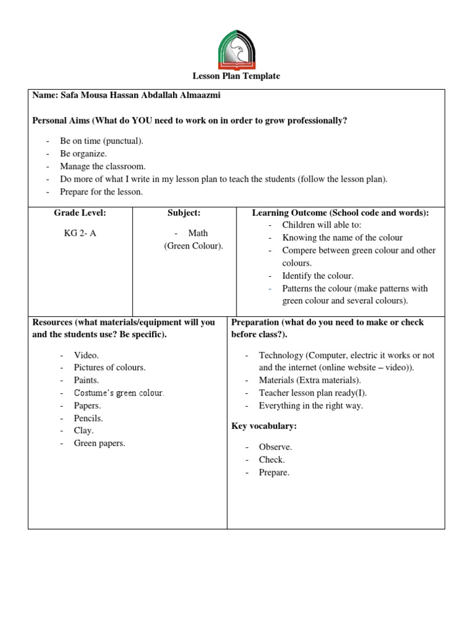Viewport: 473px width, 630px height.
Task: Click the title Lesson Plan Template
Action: (236, 76)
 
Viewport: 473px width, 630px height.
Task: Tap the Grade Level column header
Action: (80, 213)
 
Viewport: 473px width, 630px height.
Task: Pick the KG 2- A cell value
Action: (80, 233)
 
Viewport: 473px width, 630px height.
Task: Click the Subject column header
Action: (184, 213)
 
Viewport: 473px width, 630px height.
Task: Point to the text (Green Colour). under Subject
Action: (193, 246)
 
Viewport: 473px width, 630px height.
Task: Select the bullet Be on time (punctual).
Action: (102, 141)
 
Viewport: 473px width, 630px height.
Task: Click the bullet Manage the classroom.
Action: (103, 166)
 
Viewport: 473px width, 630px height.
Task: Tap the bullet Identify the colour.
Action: (318, 276)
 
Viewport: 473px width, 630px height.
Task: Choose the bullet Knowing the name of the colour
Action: (342, 237)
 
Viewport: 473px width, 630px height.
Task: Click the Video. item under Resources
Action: (87, 355)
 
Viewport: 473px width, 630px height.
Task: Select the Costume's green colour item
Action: (119, 393)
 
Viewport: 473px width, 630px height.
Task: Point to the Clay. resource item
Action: (84, 431)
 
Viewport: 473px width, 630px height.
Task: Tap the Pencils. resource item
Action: (89, 418)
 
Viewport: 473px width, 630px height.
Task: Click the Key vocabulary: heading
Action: (264, 426)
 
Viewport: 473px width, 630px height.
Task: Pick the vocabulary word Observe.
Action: (275, 447)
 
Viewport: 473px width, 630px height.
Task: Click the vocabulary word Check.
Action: (272, 460)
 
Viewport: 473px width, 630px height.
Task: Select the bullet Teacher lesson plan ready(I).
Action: (313, 393)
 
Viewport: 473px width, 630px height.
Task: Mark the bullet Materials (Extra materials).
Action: (310, 380)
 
